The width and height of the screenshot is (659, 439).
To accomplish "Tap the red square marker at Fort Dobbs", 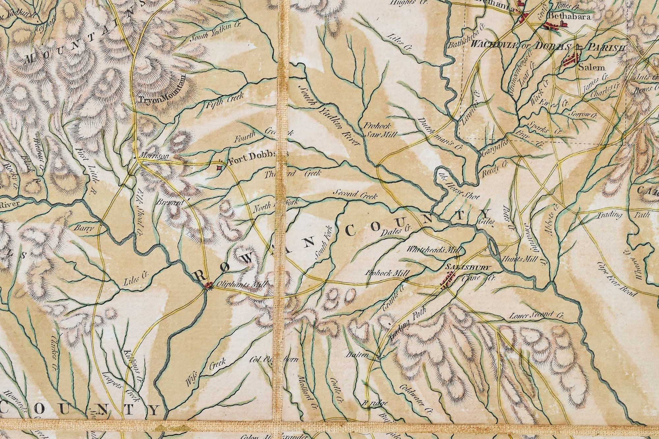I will [x=219, y=168].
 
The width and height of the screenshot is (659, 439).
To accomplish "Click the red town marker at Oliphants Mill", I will [x=208, y=285].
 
